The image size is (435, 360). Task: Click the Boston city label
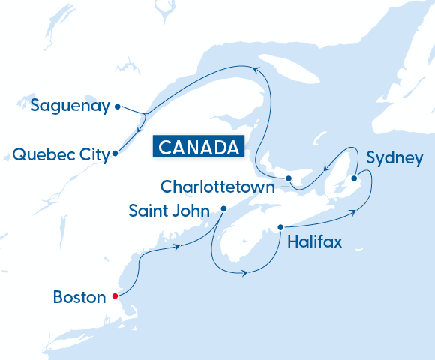[x=79, y=297]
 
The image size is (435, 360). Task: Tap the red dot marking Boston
[x=115, y=295]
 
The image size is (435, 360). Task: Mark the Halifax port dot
[x=280, y=226]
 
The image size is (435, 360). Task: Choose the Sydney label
[x=394, y=158]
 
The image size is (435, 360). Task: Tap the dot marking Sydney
[x=354, y=178]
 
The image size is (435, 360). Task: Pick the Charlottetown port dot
[x=289, y=178]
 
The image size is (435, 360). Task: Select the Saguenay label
[x=70, y=106]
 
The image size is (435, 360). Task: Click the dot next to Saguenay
[x=117, y=106]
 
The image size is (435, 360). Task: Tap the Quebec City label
[x=60, y=154]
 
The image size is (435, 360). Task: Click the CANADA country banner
[x=199, y=146]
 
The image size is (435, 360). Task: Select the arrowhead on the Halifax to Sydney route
[x=352, y=214]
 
